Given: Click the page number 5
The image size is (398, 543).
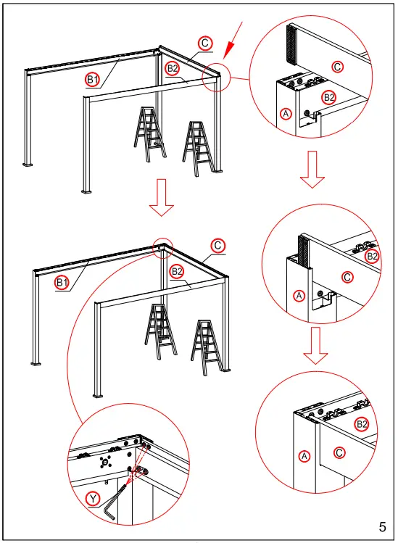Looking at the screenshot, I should [382, 526].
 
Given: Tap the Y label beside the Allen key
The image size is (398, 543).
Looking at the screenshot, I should [92, 498].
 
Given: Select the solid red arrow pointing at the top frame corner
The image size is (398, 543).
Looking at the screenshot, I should [233, 42].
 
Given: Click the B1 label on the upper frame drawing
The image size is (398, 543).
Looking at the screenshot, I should [93, 80].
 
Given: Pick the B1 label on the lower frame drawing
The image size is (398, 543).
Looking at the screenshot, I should [62, 282].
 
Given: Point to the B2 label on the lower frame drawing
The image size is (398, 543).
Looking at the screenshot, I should [175, 272].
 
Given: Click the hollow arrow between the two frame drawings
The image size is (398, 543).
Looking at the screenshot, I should [161, 200].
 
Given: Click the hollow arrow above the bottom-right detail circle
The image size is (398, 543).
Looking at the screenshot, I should [313, 346].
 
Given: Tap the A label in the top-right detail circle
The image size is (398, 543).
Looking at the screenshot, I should [286, 114].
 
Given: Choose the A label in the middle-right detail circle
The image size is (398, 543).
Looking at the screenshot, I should [298, 295].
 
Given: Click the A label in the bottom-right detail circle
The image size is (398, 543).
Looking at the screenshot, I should [305, 455].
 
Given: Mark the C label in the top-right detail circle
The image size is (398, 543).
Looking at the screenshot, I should [337, 66].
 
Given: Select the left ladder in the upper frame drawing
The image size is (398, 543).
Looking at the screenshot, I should [149, 133].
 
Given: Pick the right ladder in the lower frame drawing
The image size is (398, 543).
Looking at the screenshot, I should [206, 347].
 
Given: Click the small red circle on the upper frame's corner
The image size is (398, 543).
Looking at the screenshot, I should [216, 78].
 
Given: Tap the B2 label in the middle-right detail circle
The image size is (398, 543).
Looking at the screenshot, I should [372, 256].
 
